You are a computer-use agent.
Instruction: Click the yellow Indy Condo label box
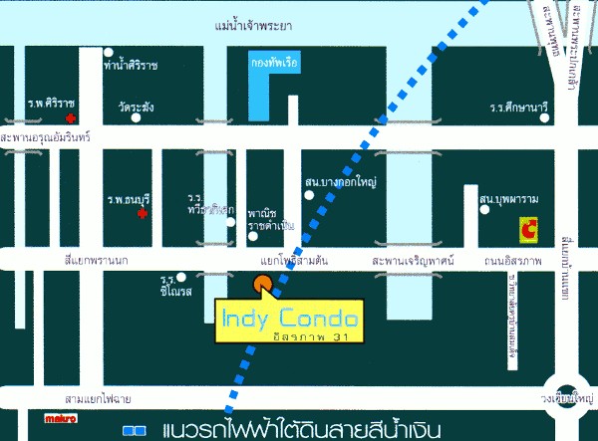(290, 321)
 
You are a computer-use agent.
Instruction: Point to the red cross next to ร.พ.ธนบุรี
(143, 213)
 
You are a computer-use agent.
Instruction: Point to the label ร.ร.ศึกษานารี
(520, 107)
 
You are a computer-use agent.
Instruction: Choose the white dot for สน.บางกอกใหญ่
(310, 195)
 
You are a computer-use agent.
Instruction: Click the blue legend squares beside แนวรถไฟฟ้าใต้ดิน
(135, 430)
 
